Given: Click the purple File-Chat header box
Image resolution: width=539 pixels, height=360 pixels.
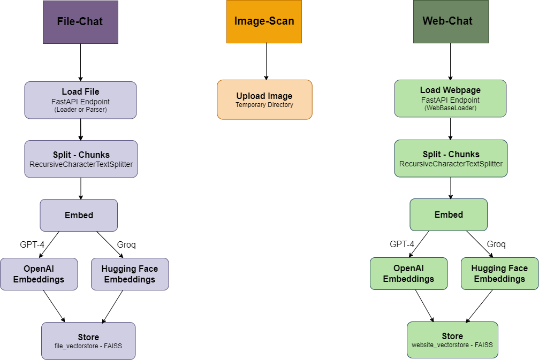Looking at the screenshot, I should pyautogui.click(x=80, y=22).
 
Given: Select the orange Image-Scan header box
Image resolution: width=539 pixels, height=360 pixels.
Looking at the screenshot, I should pyautogui.click(x=264, y=22).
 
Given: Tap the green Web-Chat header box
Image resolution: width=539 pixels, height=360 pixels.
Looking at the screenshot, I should pyautogui.click(x=451, y=22).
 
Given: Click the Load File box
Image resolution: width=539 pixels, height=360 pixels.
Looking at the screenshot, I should pyautogui.click(x=80, y=100).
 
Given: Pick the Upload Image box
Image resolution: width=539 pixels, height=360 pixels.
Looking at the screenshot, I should pyautogui.click(x=264, y=99).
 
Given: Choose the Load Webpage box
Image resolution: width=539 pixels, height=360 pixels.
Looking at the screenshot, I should pyautogui.click(x=450, y=98).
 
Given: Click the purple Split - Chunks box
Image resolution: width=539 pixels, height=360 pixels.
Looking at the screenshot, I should pyautogui.click(x=81, y=159).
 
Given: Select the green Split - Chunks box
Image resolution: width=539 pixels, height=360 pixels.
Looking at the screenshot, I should pyautogui.click(x=451, y=158).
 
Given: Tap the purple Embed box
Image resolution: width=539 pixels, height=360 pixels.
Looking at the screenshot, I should pyautogui.click(x=79, y=215).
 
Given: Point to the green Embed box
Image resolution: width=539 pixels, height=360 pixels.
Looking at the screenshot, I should pyautogui.click(x=449, y=215).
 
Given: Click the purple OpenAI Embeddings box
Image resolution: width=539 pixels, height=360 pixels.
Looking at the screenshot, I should pyautogui.click(x=39, y=274).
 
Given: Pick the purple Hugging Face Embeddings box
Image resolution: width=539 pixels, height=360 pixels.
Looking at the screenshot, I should pyautogui.click(x=130, y=274).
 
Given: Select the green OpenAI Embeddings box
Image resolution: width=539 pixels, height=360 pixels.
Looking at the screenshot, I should pyautogui.click(x=408, y=274).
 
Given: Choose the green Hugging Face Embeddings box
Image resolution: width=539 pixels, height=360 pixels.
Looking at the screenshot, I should pyautogui.click(x=499, y=274).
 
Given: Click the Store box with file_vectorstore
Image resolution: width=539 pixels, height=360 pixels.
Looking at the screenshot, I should pyautogui.click(x=88, y=341).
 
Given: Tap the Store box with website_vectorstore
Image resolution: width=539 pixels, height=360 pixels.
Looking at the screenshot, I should pyautogui.click(x=452, y=340).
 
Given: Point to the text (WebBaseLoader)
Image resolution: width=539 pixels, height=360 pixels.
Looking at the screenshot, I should pyautogui.click(x=450, y=108).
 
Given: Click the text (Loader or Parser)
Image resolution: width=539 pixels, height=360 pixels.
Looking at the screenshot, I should pyautogui.click(x=80, y=110).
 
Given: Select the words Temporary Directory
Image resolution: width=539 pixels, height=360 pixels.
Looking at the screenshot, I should pyautogui.click(x=264, y=105).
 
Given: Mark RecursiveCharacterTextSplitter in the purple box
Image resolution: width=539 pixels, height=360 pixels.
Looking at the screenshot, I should pyautogui.click(x=81, y=164).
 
